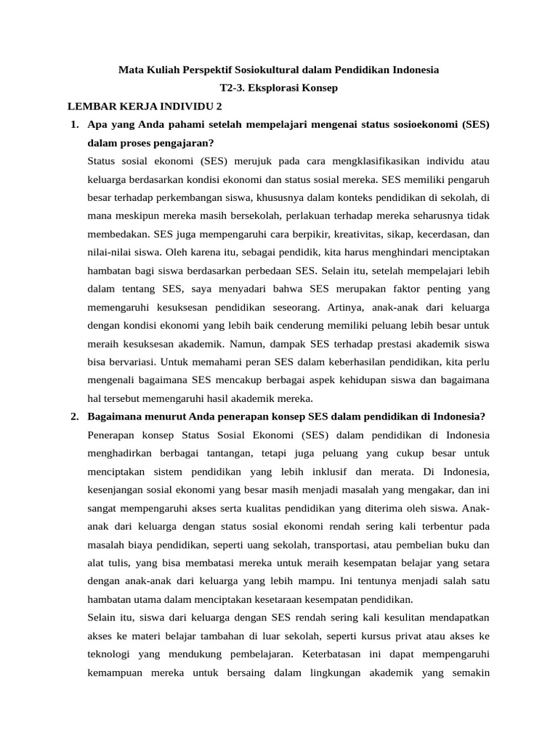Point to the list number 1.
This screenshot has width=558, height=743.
coord(74,124)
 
